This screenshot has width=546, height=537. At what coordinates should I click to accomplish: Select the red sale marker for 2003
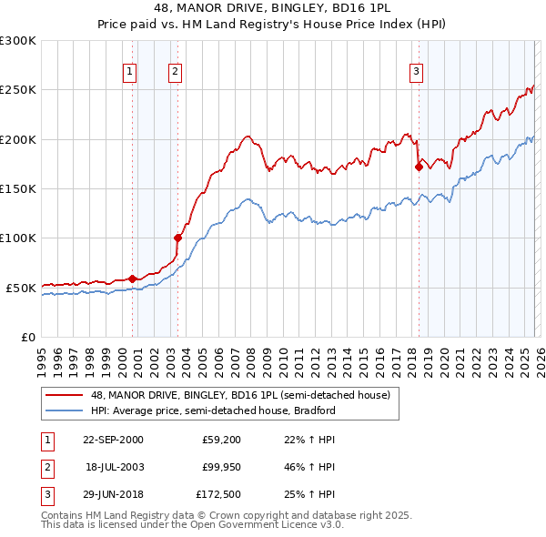[177, 238]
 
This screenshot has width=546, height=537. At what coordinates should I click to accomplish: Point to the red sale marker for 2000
[133, 279]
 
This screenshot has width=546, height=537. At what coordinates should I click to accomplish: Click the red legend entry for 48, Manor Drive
[240, 395]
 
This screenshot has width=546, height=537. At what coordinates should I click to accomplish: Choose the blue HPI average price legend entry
[213, 410]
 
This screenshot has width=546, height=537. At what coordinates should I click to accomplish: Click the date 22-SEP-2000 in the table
[113, 440]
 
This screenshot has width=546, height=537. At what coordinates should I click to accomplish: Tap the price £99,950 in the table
[222, 467]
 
